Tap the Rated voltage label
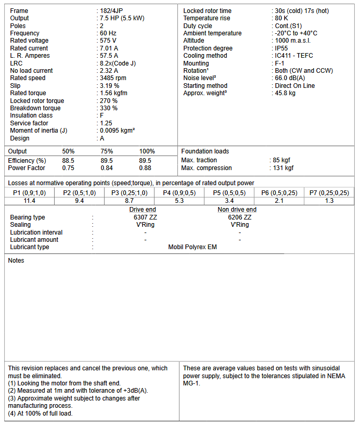click(x=29, y=41)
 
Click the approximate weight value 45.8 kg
click(x=285, y=93)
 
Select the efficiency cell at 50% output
click(x=68, y=161)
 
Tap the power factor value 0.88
click(x=145, y=168)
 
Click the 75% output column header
click(x=107, y=151)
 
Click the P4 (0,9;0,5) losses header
click(x=179, y=193)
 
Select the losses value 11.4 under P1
click(x=29, y=201)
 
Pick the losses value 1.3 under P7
click(x=329, y=201)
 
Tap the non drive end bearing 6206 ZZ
click(x=239, y=217)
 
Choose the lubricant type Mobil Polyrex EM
click(x=192, y=247)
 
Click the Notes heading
click(x=16, y=261)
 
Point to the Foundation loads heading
click(x=205, y=151)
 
